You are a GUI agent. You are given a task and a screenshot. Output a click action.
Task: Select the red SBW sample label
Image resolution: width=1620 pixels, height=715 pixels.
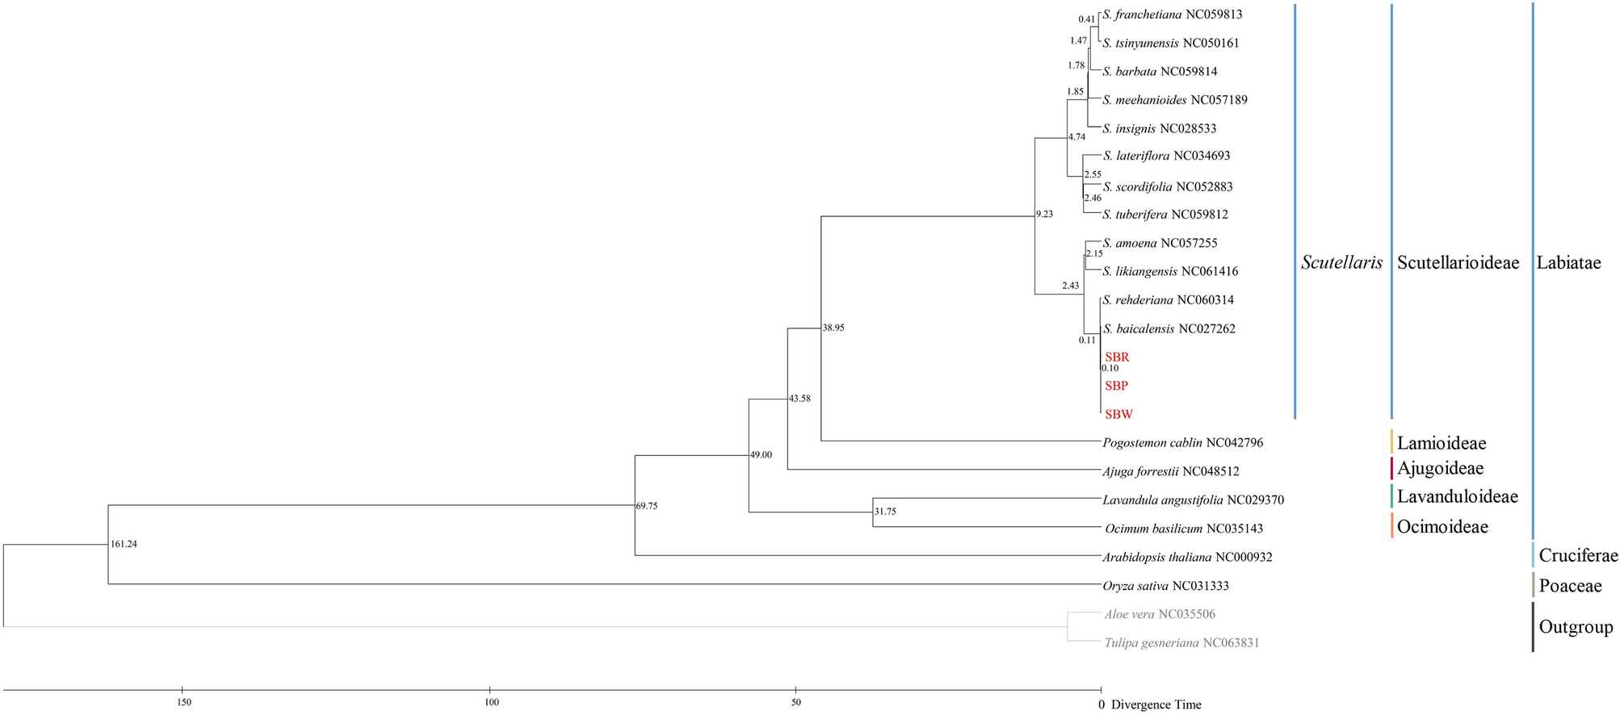point(1118,415)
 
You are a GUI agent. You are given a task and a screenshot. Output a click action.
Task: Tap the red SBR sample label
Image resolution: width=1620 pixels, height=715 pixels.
point(1117,357)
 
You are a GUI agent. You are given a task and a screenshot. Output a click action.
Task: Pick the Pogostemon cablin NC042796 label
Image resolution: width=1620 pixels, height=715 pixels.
point(1182,442)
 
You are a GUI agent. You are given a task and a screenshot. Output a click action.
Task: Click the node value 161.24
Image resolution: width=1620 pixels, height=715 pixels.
point(124,544)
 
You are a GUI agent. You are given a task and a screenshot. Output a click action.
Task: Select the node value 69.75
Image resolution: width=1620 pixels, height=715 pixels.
point(647,506)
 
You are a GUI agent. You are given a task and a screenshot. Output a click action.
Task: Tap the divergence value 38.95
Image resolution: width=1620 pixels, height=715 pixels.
point(833,328)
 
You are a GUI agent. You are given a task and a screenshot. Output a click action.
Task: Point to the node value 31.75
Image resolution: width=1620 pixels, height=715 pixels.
point(885,512)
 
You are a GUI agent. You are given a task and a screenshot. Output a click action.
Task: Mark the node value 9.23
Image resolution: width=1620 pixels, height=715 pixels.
point(1045,215)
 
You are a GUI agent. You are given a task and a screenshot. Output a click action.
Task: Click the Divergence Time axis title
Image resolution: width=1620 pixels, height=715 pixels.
point(1156,705)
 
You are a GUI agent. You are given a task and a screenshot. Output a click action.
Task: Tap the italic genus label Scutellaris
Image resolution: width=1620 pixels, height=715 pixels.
point(1341,262)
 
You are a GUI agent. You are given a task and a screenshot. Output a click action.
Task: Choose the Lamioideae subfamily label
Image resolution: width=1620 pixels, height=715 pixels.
point(1442,443)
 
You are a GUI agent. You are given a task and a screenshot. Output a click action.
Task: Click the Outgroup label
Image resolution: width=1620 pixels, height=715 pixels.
point(1576,627)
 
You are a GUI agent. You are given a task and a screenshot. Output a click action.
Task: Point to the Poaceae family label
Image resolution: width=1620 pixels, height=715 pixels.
point(1570,586)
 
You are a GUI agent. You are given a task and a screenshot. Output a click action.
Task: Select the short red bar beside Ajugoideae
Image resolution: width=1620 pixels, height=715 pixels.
point(1391,468)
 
